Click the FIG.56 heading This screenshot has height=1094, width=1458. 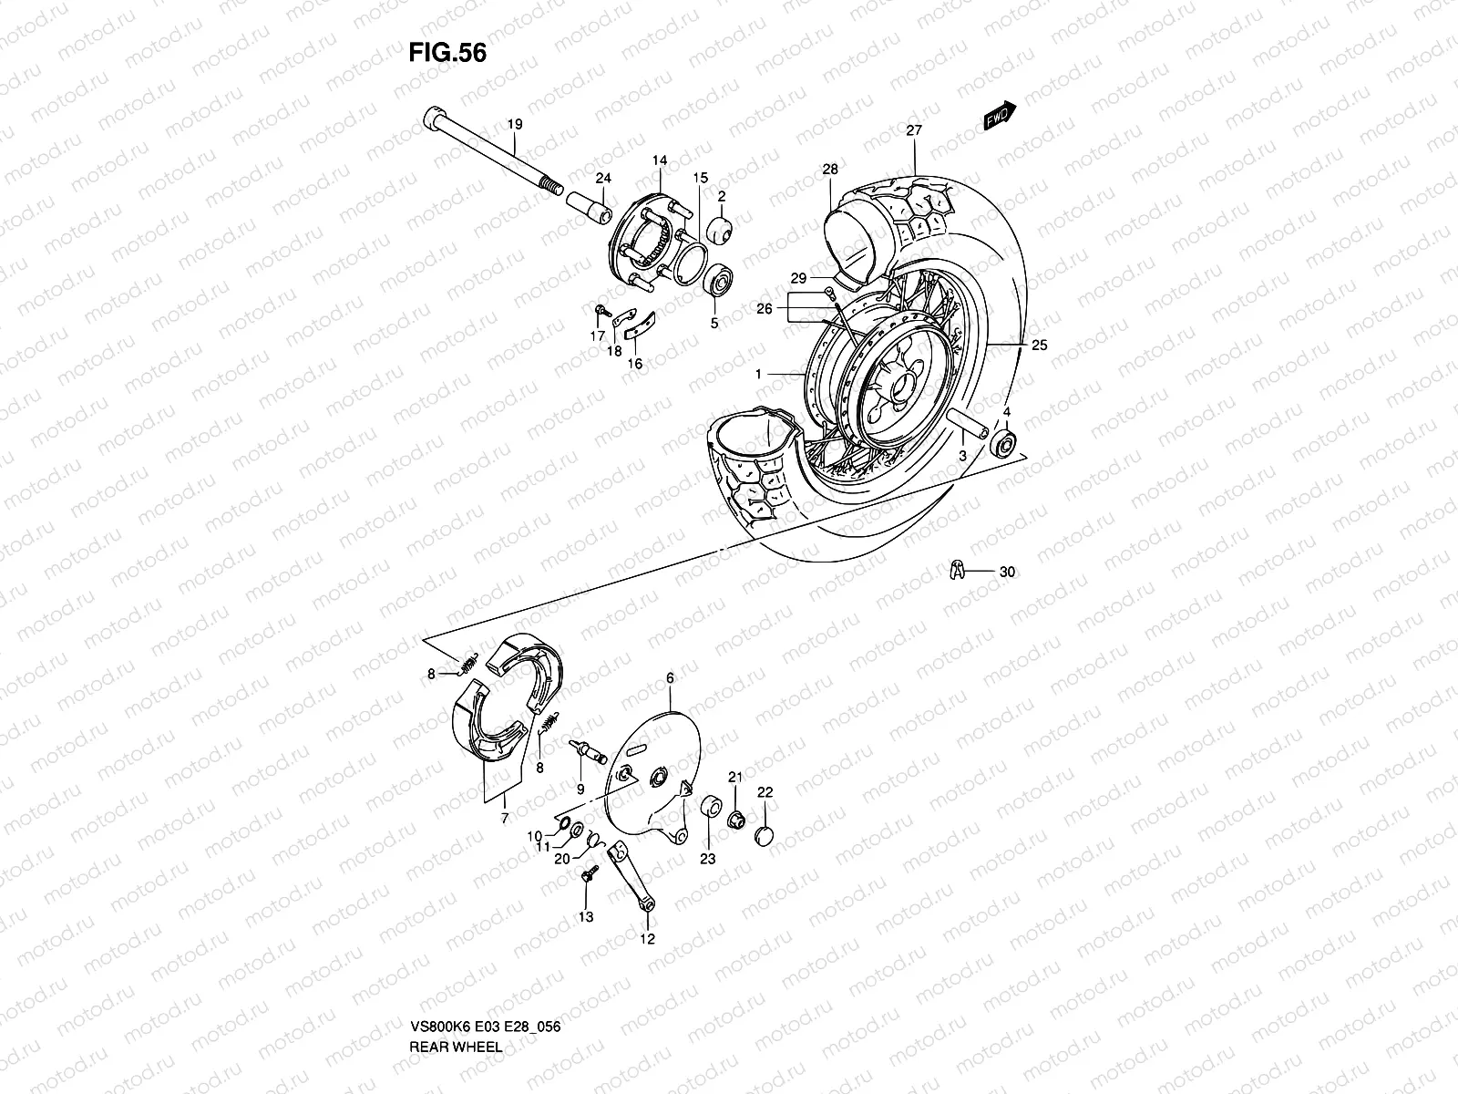click(447, 53)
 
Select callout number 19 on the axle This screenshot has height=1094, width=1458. click(514, 124)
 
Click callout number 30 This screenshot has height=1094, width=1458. click(1006, 573)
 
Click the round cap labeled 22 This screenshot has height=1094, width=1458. click(765, 835)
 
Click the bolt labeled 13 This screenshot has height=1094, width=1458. click(585, 877)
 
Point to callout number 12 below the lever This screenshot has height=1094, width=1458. click(647, 938)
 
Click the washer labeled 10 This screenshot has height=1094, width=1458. click(563, 827)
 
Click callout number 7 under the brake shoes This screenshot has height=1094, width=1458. click(505, 817)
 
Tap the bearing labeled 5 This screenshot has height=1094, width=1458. click(720, 279)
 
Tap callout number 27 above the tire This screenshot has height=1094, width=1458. click(914, 130)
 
